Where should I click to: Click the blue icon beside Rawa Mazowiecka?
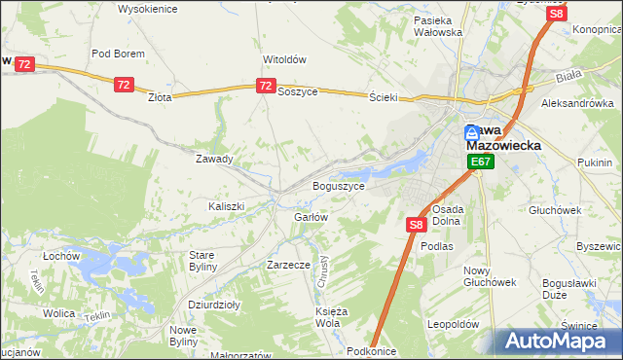(x=472, y=133)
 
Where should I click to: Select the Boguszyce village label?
(x=338, y=186)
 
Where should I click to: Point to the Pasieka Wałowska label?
(x=437, y=26)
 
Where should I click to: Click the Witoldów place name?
(x=284, y=58)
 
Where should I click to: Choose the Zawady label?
(x=214, y=159)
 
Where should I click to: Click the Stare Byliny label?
(x=207, y=260)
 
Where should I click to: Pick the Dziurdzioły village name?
(x=213, y=304)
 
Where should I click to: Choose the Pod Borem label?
(x=118, y=54)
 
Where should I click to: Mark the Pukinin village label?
(x=594, y=162)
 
